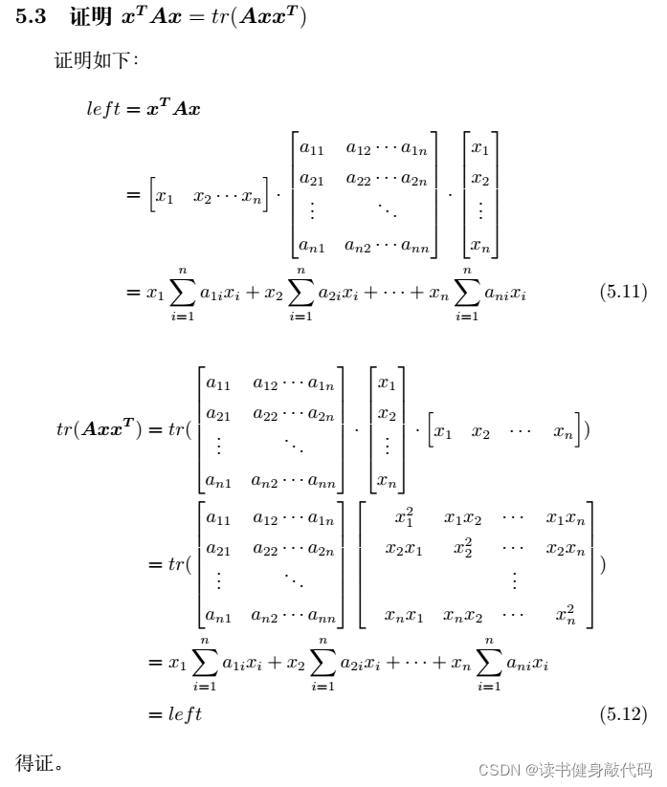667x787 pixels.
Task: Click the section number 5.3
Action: pyautogui.click(x=31, y=16)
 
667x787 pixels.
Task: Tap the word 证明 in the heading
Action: pyautogui.click(x=90, y=16)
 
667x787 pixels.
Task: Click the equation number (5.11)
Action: pyautogui.click(x=623, y=292)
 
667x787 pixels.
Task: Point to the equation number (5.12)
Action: pyautogui.click(x=623, y=713)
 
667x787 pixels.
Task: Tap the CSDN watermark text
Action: pyautogui.click(x=565, y=770)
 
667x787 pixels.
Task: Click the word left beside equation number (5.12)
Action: pyautogui.click(x=185, y=713)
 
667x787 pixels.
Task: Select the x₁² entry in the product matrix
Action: pyautogui.click(x=404, y=517)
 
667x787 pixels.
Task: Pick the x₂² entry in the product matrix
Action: pyautogui.click(x=462, y=548)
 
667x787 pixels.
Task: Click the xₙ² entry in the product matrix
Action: pyautogui.click(x=566, y=614)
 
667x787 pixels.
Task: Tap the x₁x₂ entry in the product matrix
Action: pyautogui.click(x=462, y=519)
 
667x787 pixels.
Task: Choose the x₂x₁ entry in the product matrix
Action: pyautogui.click(x=404, y=549)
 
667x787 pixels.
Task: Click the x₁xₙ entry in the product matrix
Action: pyautogui.click(x=566, y=519)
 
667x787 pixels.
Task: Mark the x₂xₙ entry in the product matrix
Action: pyautogui.click(x=566, y=550)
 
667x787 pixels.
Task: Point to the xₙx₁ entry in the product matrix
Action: pyautogui.click(x=404, y=616)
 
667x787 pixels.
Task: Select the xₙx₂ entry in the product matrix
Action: pyautogui.click(x=462, y=616)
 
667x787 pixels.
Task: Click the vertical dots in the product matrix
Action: pyautogui.click(x=514, y=579)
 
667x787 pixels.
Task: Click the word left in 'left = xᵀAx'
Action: pyautogui.click(x=103, y=108)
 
